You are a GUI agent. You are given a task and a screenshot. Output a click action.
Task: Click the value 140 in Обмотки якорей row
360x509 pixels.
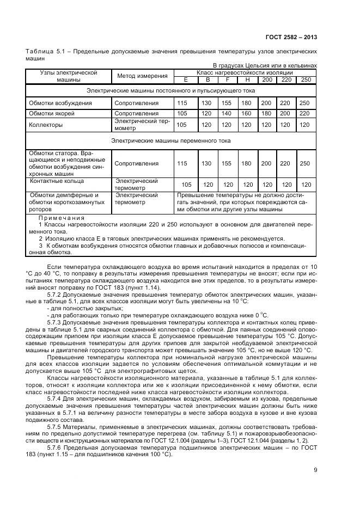(227, 113)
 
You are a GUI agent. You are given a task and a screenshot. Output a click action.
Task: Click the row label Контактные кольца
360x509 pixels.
(57, 181)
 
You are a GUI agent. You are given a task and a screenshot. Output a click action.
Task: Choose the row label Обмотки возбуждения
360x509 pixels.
(60, 102)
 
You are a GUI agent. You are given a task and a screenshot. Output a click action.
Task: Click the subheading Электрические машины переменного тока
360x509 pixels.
(170, 140)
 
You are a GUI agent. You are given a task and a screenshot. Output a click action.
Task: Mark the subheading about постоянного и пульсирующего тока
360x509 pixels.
(170, 90)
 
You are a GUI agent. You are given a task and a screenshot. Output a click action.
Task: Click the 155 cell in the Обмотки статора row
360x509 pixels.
(227, 163)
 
